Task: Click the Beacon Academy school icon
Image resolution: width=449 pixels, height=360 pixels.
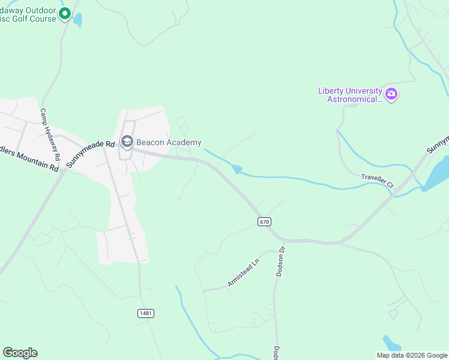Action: pos(127,142)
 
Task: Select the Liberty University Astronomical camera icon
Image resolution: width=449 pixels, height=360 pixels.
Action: pos(391,94)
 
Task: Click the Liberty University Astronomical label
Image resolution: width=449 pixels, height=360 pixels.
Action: pos(350,95)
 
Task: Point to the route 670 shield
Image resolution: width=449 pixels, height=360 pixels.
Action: pos(264,222)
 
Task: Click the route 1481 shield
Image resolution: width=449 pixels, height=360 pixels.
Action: pos(145,313)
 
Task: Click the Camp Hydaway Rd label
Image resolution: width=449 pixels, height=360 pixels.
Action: pos(50,134)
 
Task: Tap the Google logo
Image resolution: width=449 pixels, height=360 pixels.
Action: pos(20,353)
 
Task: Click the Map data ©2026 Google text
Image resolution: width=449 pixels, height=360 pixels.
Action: pos(412,355)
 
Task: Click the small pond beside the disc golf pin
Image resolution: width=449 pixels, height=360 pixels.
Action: pos(77,19)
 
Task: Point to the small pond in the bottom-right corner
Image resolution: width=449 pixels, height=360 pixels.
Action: pos(392,344)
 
